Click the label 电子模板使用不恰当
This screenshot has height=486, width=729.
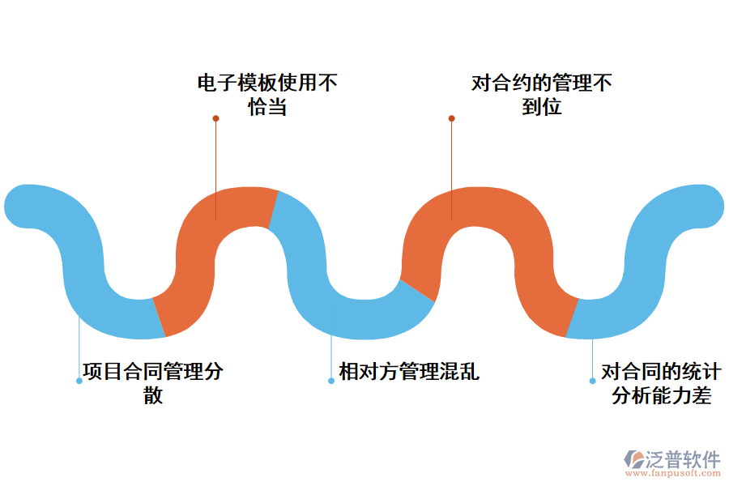(x=267, y=95)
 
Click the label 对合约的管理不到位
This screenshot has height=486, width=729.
(x=541, y=95)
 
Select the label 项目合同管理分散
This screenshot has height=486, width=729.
(x=153, y=383)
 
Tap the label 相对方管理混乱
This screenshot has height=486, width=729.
(x=409, y=372)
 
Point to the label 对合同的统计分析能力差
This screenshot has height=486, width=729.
(x=661, y=383)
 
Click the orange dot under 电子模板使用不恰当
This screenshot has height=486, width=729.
(x=215, y=118)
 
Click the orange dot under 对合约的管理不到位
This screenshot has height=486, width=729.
(x=451, y=118)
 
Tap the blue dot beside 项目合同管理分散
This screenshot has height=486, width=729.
(x=79, y=380)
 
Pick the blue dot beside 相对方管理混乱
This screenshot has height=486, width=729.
(x=331, y=380)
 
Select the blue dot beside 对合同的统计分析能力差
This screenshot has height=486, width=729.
(x=592, y=380)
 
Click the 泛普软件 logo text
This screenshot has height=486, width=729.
(x=682, y=459)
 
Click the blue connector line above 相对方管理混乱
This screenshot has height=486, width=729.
(x=331, y=356)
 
